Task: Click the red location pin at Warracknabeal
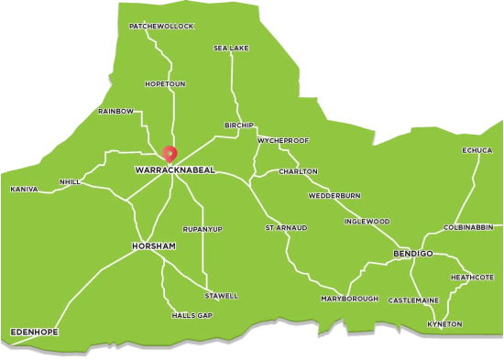point(169,153)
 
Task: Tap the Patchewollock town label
point(162,27)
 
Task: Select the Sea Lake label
point(232,48)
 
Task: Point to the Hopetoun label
point(165,83)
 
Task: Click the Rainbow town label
point(116,111)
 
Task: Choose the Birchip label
point(238,125)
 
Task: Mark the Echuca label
point(477,150)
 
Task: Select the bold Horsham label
point(153,247)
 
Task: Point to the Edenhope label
point(34,331)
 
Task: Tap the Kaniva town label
point(24,190)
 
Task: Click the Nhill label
point(70,182)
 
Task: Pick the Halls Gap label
point(192,315)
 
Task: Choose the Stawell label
point(221,296)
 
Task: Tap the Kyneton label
point(445,324)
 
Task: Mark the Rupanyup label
point(203,228)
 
